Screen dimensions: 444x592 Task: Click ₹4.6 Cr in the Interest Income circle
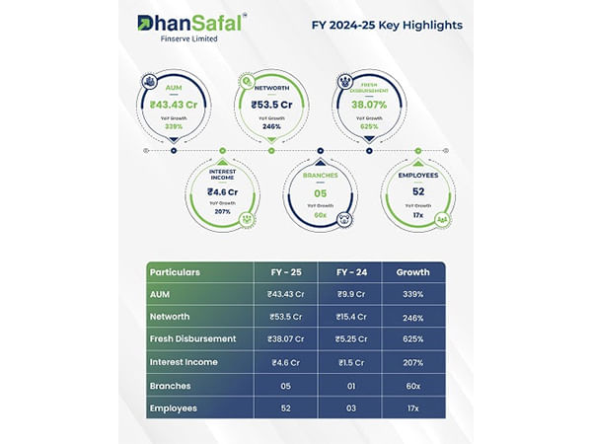[223, 192]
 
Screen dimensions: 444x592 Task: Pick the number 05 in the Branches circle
[321, 193]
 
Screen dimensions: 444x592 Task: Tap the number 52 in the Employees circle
[417, 192]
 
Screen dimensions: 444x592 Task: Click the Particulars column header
[176, 271]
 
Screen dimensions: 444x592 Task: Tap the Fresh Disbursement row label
[192, 338]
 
